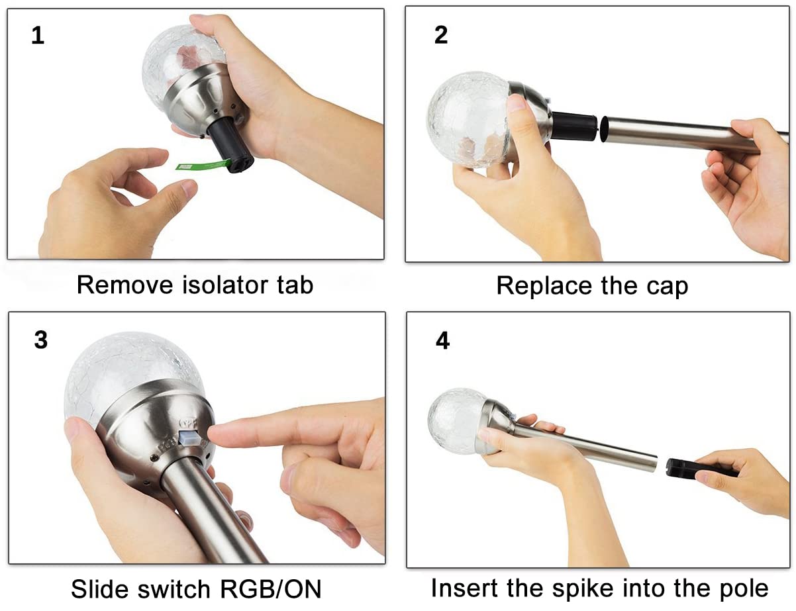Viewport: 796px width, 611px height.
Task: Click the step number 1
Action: (38, 36)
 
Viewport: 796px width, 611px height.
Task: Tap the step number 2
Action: (441, 35)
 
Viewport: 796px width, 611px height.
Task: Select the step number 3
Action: (41, 340)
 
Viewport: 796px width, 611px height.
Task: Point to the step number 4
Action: (443, 340)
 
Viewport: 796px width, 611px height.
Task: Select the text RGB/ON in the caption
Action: (271, 589)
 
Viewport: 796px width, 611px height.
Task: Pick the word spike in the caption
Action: (583, 588)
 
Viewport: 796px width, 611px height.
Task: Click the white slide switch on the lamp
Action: (189, 438)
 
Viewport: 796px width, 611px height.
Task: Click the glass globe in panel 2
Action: (469, 119)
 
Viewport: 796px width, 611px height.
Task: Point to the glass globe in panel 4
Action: (457, 420)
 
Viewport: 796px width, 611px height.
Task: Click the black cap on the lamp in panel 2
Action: (573, 126)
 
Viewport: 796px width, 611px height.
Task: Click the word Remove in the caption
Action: (125, 285)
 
